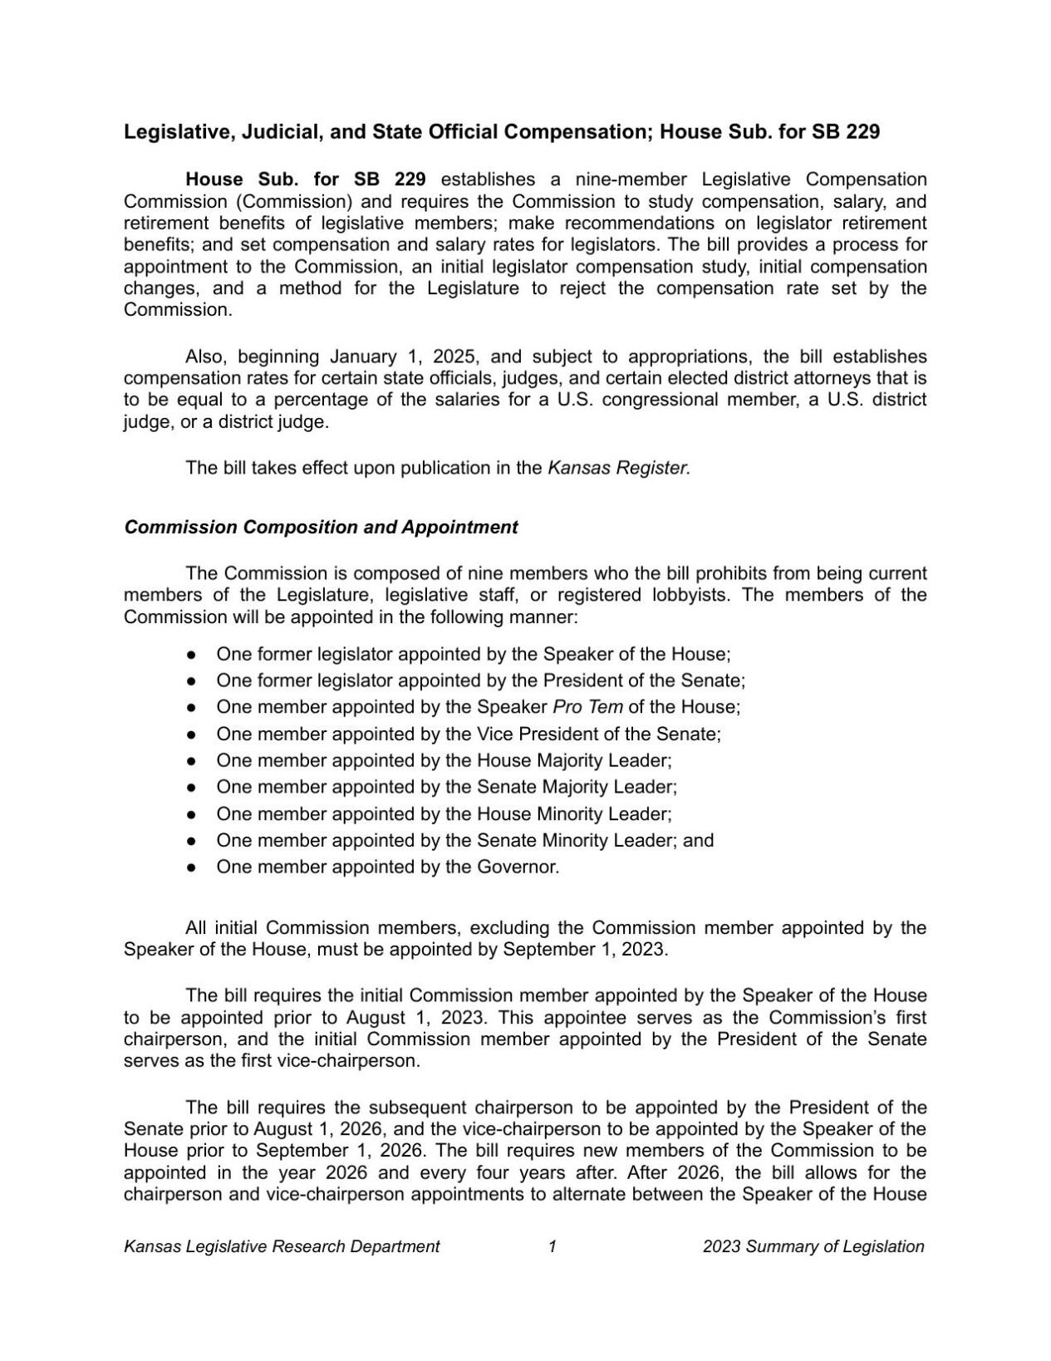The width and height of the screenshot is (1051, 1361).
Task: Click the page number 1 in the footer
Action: (x=552, y=1246)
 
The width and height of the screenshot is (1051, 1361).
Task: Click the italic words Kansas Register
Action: (x=619, y=468)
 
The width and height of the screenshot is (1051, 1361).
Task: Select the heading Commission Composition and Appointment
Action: (x=321, y=528)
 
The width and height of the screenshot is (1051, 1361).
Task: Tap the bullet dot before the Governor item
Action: (x=191, y=867)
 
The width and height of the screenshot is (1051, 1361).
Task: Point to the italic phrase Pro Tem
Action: (x=587, y=707)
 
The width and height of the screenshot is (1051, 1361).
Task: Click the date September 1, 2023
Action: (x=584, y=949)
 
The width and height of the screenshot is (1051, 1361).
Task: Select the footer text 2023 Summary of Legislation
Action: (x=813, y=1246)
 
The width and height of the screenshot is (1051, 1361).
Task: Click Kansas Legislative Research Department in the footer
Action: (x=282, y=1246)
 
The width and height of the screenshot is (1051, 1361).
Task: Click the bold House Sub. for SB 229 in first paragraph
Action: (x=306, y=179)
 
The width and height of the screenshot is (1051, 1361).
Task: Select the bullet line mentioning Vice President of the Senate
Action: (x=469, y=734)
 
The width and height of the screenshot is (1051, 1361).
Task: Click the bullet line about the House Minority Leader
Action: (x=444, y=813)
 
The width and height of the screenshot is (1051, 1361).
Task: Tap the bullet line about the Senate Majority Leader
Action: (x=446, y=787)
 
